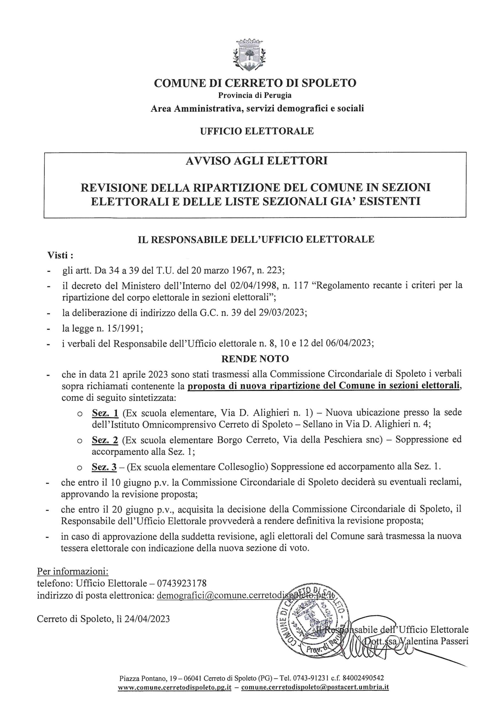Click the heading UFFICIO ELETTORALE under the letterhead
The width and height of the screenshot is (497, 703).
tap(257, 131)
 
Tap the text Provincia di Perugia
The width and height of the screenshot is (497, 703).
tap(255, 95)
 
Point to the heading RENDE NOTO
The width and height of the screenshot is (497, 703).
tap(255, 359)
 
